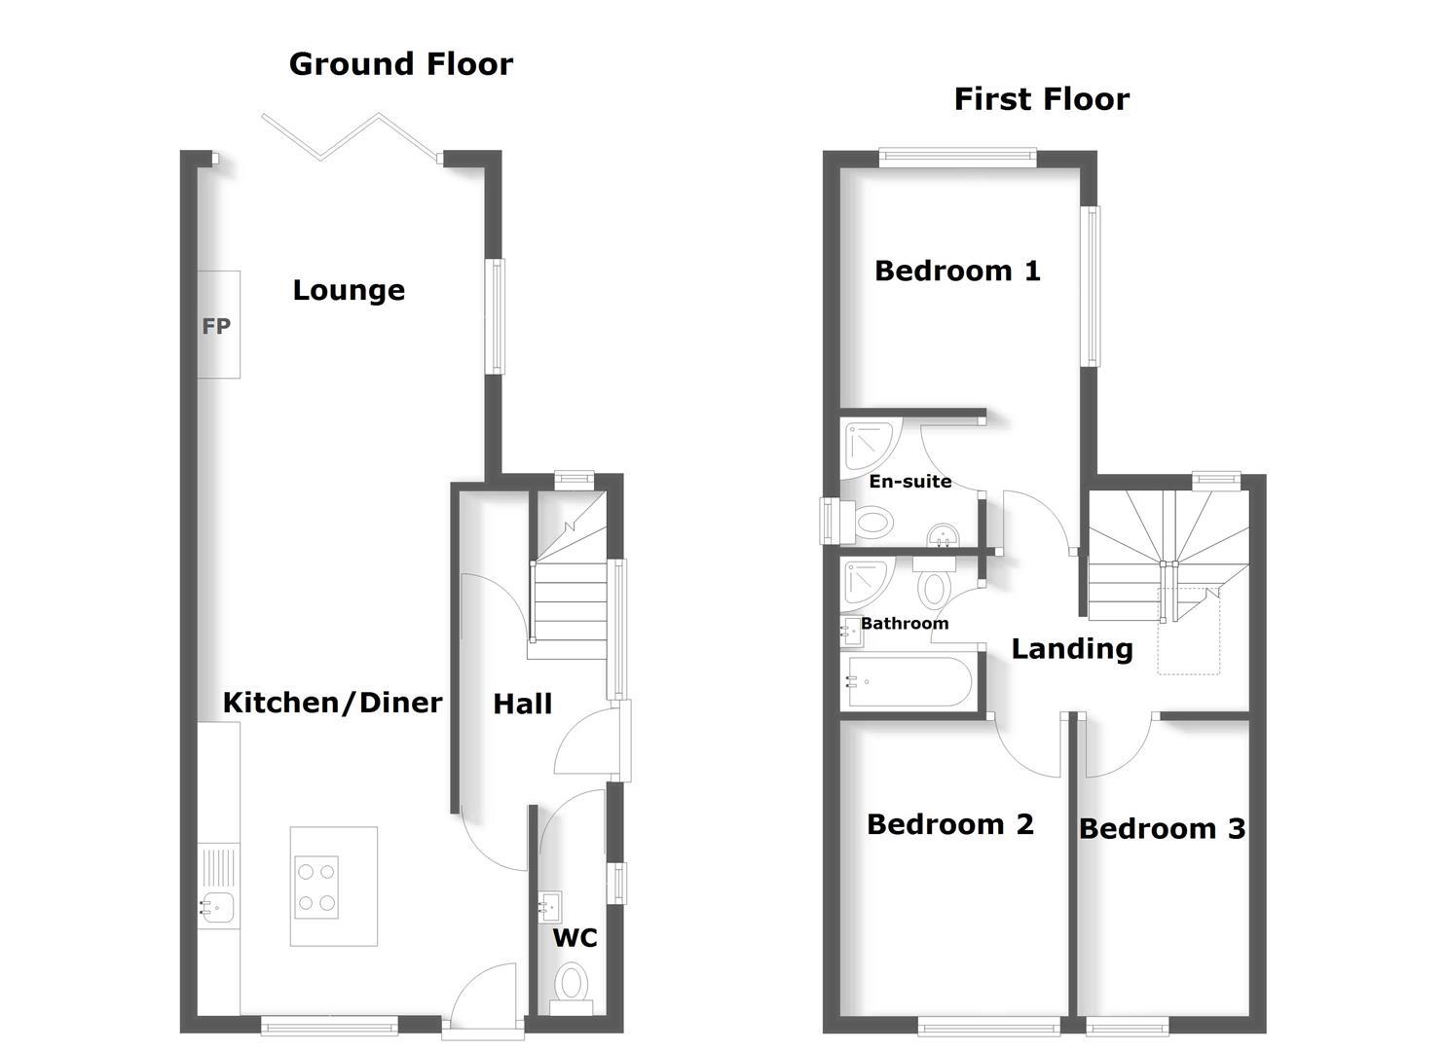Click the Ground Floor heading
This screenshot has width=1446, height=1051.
pos(400,64)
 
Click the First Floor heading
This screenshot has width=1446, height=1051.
pos(1041,99)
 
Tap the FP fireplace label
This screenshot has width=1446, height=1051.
pos(216,327)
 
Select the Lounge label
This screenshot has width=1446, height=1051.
pos(349,290)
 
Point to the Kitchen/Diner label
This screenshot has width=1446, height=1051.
pos(332,703)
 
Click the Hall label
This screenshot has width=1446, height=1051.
pos(522,705)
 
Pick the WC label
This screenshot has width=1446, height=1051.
pos(575,938)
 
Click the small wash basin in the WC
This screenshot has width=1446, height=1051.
pos(550,907)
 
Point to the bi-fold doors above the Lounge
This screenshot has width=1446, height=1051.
pos(351,136)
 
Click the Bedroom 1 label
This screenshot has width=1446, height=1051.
pos(957,271)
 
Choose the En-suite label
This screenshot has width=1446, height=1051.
pos(909,482)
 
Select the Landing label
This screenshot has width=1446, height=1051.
pos(1071,649)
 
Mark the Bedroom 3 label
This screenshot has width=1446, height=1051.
pos(1162,829)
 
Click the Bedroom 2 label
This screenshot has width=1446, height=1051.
pos(949,825)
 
